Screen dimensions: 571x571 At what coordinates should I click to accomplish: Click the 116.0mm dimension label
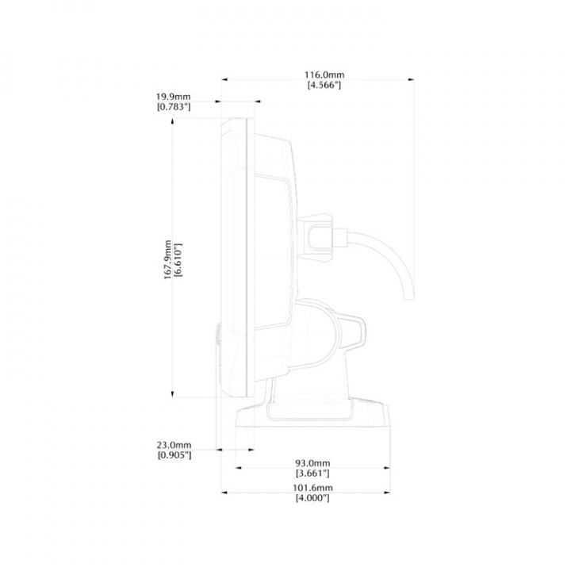324,75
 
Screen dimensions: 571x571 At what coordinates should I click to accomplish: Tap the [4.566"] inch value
324,85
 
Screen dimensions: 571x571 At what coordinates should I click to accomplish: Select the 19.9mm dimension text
174,97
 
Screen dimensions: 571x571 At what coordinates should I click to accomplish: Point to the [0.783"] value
174,107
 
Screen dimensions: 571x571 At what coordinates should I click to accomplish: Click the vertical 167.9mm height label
167,259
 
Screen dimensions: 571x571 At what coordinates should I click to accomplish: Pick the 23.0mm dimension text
174,445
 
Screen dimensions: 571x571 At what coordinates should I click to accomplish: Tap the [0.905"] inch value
174,455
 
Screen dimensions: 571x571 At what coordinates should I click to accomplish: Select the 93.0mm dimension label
312,463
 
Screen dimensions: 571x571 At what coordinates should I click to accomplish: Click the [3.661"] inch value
312,473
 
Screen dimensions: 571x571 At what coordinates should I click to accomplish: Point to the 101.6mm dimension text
312,488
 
